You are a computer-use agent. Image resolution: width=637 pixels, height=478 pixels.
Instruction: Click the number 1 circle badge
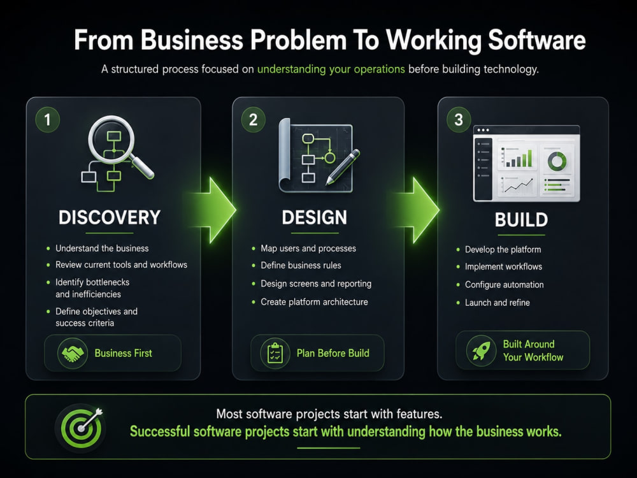click(48, 120)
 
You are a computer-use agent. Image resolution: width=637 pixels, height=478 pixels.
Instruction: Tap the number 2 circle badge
click(253, 120)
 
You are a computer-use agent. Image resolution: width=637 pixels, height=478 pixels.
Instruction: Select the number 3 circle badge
click(459, 120)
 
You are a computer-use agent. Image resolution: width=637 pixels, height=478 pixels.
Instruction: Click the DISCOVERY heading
click(110, 217)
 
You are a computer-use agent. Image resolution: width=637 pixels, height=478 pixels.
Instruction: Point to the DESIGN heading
click(315, 217)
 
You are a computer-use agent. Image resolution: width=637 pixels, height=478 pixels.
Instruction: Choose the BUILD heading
click(521, 220)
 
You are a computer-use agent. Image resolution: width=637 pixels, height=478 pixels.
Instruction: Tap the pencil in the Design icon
click(343, 167)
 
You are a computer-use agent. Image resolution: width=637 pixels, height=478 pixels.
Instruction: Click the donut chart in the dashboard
click(557, 161)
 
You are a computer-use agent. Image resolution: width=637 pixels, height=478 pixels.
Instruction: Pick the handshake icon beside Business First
click(73, 353)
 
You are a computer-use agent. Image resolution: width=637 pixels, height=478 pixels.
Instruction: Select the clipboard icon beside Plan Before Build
click(275, 353)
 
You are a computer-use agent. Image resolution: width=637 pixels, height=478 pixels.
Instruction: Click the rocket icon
click(481, 351)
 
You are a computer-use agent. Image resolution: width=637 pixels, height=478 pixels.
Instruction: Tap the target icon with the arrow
click(82, 428)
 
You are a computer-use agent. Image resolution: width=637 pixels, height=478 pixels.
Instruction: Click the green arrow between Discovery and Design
click(214, 210)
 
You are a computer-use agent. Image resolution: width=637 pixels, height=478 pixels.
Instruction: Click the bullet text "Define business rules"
click(301, 265)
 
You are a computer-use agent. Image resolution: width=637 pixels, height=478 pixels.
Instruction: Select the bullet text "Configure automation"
click(504, 284)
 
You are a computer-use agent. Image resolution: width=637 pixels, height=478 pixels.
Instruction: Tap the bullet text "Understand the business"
click(102, 249)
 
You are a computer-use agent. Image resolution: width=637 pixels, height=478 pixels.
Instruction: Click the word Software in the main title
click(536, 40)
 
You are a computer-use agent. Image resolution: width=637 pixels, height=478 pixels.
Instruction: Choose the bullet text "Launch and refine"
click(497, 302)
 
